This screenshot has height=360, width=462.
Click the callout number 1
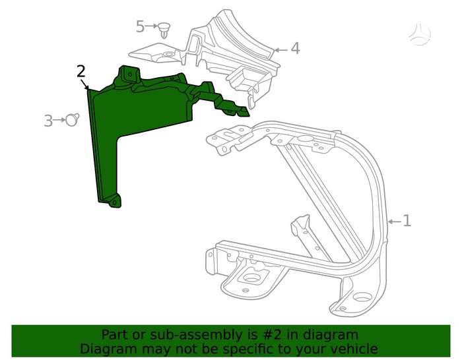point(407,221)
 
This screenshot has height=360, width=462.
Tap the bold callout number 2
point(81,71)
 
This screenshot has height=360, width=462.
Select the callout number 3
point(48,121)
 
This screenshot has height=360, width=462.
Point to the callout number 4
point(295,49)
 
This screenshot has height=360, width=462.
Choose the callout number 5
point(140,26)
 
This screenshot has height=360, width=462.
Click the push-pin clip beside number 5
point(164,30)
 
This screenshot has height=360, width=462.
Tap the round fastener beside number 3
point(72,120)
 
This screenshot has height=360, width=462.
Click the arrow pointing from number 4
point(280,50)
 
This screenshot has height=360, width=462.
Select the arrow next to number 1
point(394,222)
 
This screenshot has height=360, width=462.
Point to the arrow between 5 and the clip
point(151,26)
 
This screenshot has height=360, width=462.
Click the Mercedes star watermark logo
point(419,34)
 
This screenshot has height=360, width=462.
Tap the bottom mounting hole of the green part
point(114,203)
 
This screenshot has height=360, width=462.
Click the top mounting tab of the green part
point(129,74)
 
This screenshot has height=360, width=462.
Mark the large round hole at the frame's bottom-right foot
point(362,297)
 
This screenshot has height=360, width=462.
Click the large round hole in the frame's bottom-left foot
point(251,278)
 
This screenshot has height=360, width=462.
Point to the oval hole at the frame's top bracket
point(306,138)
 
